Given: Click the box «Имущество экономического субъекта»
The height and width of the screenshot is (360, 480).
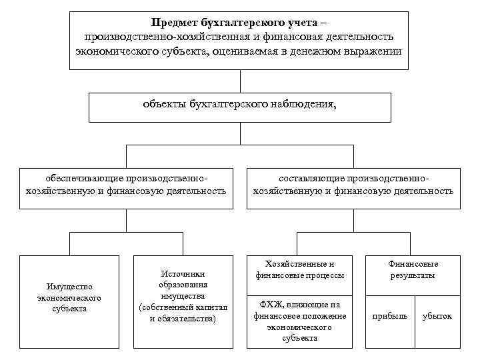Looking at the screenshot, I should (x=69, y=301).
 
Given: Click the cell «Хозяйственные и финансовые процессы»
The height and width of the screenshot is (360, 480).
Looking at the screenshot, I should (x=300, y=269).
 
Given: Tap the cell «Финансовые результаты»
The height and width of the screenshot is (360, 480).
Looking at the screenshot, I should (x=413, y=269).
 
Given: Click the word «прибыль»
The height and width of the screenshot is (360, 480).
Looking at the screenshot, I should (x=389, y=316).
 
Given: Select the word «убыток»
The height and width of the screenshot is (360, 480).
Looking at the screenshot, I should (x=437, y=316).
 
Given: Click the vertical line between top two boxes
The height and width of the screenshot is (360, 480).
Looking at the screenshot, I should (x=239, y=81).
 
